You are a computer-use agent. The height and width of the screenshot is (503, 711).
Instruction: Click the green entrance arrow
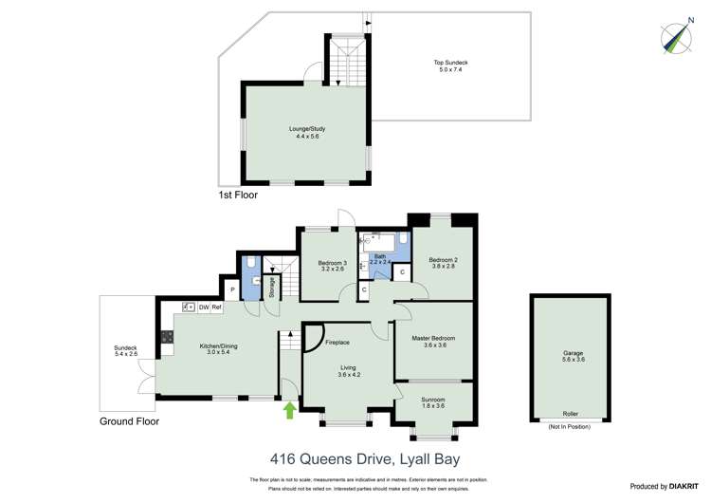pos(288,410)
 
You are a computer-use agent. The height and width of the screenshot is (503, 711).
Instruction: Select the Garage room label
pos(573,356)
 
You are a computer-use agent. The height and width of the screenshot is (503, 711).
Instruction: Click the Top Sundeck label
pos(451,66)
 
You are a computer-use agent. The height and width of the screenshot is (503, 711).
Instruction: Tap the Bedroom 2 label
pos(442,261)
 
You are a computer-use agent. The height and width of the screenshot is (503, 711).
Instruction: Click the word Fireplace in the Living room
pos(337,343)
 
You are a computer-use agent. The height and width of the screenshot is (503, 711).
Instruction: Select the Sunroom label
pos(433,401)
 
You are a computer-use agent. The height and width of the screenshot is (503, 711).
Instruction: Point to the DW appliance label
pos(203,307)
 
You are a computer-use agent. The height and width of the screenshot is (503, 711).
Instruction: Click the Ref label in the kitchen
pos(216,307)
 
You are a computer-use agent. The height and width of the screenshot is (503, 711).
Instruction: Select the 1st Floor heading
pos(237,195)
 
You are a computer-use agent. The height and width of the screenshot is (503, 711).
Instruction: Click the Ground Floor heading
pos(129,420)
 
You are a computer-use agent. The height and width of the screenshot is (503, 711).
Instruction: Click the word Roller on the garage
pos(571,415)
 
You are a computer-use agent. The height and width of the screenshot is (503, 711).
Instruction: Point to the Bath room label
pos(379,258)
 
